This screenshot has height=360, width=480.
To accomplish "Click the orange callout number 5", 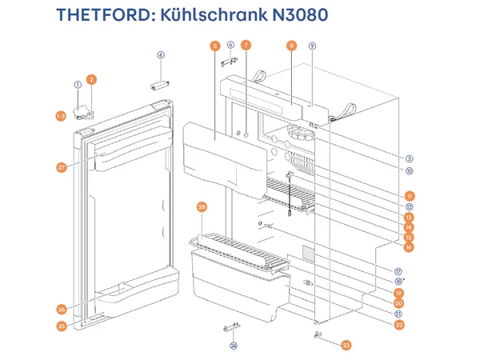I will [x=214, y=46].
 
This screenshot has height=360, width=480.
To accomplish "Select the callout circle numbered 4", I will [x=160, y=55].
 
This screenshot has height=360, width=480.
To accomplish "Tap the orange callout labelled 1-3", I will [x=61, y=117].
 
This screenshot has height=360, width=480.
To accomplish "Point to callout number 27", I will [x=61, y=168].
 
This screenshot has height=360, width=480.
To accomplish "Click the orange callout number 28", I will [x=202, y=207].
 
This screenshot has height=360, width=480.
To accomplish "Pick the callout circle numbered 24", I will [x=234, y=346].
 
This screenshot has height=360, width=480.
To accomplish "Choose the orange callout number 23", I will [x=346, y=345].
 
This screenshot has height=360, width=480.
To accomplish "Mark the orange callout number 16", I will [x=409, y=248].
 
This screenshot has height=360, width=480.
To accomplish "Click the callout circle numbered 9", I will [x=313, y=46].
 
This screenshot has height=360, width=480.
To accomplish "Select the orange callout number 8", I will [x=291, y=46].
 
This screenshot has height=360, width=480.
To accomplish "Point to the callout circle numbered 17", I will [x=398, y=271].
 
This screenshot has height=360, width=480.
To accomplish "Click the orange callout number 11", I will [x=409, y=196].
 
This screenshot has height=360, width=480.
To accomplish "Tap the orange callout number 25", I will [x=61, y=326].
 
